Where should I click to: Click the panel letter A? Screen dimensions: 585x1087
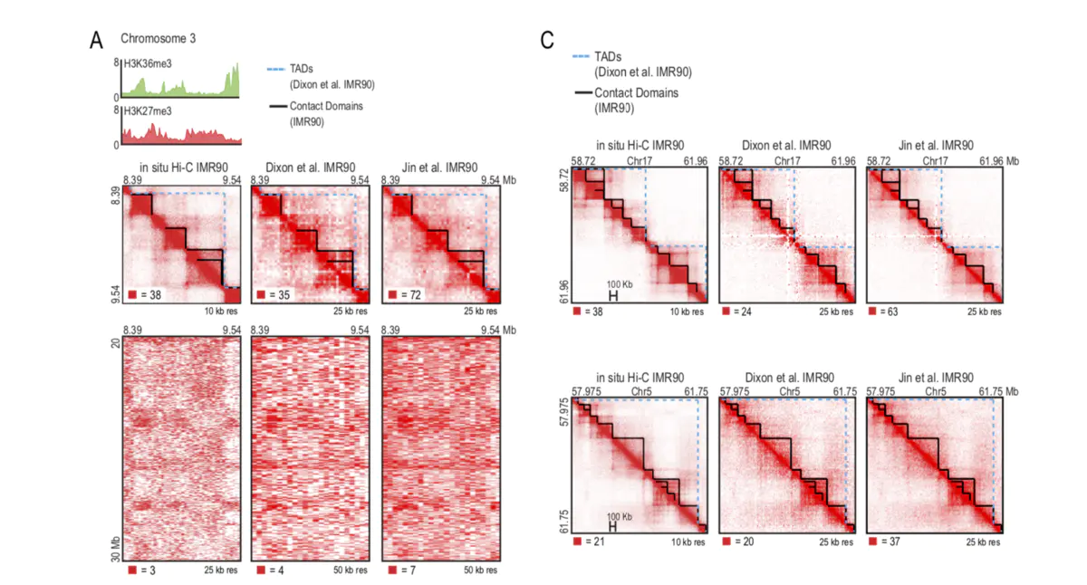[x=96, y=40]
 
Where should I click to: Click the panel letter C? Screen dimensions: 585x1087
[x=546, y=40]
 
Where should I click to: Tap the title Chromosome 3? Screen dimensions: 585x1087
[x=158, y=39]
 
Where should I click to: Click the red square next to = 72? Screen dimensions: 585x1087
[x=392, y=295]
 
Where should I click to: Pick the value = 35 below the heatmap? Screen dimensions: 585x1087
[x=277, y=295]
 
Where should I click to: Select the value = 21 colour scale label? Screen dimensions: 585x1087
[x=592, y=542]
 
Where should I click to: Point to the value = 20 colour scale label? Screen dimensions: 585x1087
[x=742, y=542]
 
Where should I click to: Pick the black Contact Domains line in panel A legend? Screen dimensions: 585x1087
[x=277, y=106]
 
